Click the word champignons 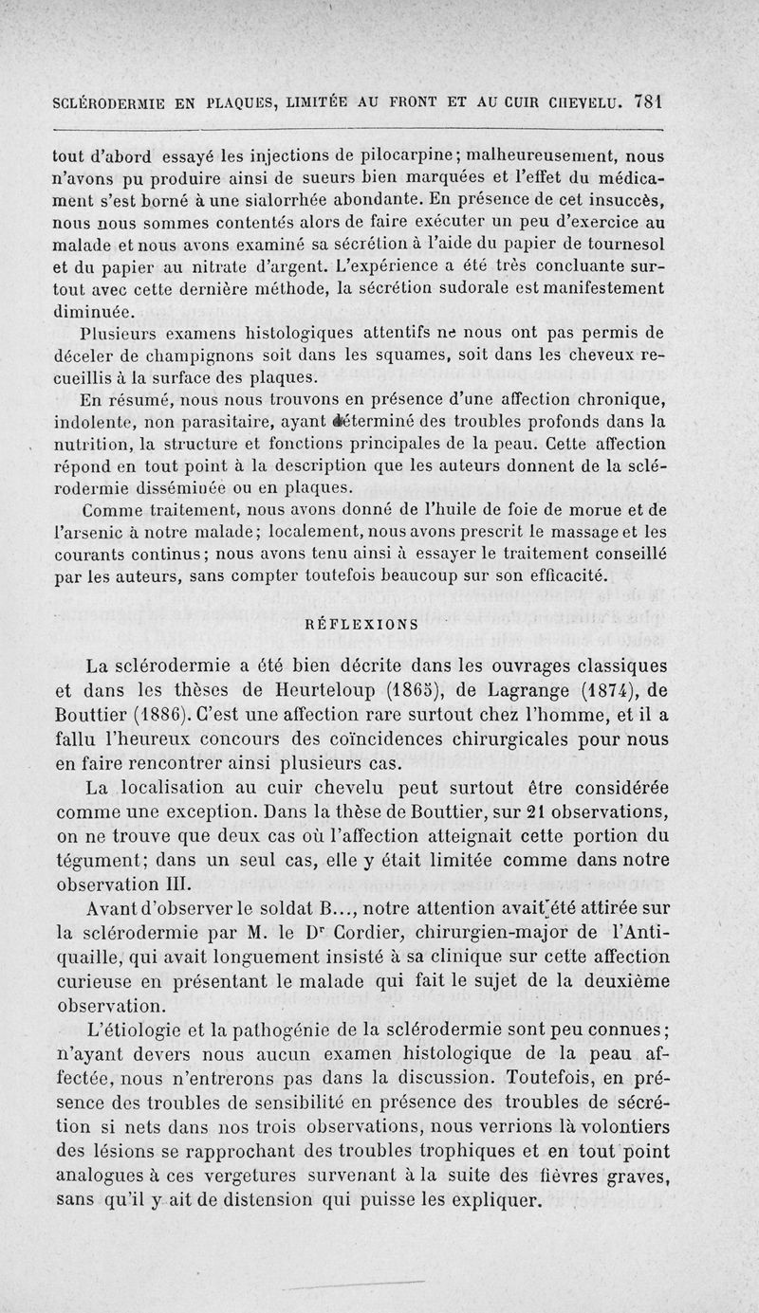tap(196, 355)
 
